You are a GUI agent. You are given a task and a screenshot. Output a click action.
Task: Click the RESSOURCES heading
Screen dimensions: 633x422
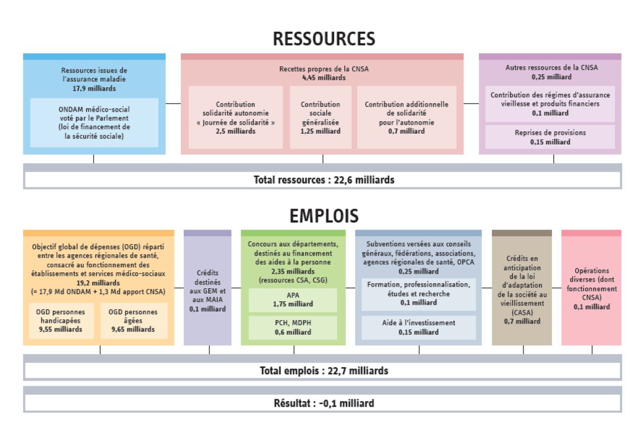[x=324, y=39]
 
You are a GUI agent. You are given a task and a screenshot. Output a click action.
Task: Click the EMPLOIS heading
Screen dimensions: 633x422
[x=324, y=216]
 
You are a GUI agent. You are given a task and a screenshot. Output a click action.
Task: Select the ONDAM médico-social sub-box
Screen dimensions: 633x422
[x=94, y=122]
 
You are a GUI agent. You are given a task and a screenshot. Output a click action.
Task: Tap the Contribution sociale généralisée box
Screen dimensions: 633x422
[x=320, y=117]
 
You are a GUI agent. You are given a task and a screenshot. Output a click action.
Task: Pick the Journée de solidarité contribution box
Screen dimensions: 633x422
[x=235, y=117]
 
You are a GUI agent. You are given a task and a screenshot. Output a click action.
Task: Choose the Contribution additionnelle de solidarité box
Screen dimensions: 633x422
[x=407, y=117]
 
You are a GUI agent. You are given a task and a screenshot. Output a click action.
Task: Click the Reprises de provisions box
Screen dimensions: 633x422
[x=550, y=137]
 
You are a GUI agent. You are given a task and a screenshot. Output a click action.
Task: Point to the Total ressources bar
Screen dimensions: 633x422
[x=323, y=180]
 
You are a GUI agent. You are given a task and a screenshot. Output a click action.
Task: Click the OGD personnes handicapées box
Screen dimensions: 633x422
[x=61, y=321]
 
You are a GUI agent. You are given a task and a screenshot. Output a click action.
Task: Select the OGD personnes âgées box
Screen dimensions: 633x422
[x=133, y=321]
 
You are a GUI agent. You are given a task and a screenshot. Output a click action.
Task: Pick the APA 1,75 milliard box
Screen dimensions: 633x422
[x=293, y=300]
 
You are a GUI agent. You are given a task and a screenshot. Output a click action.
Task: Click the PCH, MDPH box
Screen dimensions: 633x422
[x=293, y=327]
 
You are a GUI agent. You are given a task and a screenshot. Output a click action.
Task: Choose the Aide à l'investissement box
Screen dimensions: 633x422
[x=419, y=327]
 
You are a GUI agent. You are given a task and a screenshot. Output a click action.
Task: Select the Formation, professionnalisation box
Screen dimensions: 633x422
[x=419, y=294]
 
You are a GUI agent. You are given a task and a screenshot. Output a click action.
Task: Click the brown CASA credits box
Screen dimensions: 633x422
[x=522, y=288]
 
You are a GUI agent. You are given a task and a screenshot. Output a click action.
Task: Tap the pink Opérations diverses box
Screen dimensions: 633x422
[x=592, y=288]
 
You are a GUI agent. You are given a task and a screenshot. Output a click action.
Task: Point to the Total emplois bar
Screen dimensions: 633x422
[x=323, y=371]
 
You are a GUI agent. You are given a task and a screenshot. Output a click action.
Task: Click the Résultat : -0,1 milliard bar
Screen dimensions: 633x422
[x=323, y=403]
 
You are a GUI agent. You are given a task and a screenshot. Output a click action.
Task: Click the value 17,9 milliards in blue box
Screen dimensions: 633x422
[x=94, y=89]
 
